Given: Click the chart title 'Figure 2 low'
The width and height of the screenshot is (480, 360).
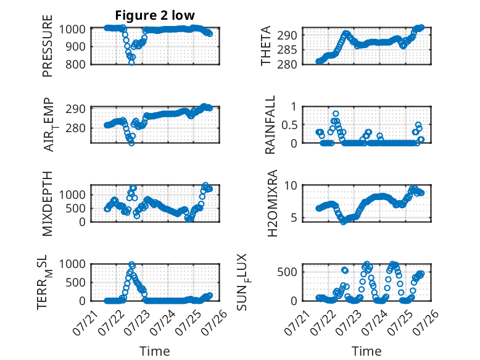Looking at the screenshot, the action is [155, 15].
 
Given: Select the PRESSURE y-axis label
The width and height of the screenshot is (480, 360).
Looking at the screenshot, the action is [48, 46].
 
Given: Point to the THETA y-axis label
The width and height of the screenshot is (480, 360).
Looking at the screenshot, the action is [266, 46].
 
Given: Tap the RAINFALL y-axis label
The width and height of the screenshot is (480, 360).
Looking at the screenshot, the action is [270, 125].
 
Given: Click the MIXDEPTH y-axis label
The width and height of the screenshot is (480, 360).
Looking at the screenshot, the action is [48, 204].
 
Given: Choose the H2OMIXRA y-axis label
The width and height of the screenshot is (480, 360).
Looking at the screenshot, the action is [272, 203].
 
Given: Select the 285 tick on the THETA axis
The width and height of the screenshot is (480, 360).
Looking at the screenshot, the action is [287, 50].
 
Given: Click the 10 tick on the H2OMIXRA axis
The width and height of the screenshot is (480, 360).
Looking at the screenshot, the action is [291, 185].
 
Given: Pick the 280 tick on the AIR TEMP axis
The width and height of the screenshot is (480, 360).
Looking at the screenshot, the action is [76, 128].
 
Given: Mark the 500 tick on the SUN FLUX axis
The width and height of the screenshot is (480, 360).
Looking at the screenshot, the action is [287, 272].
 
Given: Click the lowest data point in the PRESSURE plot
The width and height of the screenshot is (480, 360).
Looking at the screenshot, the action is [131, 62].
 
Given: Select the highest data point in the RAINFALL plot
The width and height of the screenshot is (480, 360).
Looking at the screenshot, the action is [336, 114].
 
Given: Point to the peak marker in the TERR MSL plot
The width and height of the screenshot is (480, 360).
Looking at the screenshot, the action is [131, 264].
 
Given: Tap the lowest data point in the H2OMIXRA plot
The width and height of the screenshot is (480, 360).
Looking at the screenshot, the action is [343, 222].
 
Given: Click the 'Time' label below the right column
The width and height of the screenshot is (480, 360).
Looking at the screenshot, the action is [366, 351].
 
